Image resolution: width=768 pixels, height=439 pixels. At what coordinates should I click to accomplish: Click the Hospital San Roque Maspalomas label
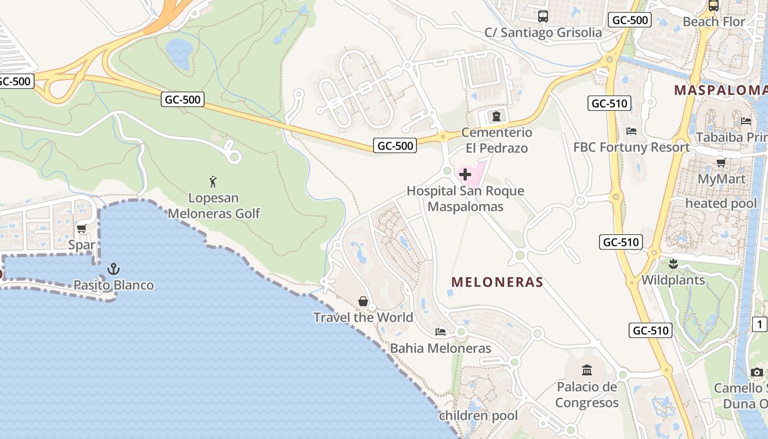tap(465, 199)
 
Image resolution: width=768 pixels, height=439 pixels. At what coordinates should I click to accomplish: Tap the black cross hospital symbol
tap(465, 175)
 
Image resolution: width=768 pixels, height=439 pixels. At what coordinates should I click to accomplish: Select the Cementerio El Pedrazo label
tap(496, 140)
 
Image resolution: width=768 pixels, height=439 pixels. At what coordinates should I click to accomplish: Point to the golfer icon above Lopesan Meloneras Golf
tap(213, 182)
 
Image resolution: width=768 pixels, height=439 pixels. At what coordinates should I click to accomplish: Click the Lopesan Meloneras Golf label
tap(213, 206)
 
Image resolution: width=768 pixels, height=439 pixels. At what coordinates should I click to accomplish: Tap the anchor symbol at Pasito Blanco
tap(114, 269)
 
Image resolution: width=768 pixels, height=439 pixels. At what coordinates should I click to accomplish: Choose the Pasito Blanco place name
tap(114, 285)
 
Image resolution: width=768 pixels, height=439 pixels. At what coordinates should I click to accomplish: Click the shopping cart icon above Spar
tap(82, 228)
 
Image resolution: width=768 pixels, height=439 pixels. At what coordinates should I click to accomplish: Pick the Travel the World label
tap(363, 317)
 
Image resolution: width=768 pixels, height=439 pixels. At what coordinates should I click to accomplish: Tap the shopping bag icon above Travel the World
tap(363, 301)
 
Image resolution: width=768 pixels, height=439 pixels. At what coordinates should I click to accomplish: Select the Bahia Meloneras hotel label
tap(441, 348)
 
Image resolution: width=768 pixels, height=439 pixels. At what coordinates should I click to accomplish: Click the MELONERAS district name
tap(497, 282)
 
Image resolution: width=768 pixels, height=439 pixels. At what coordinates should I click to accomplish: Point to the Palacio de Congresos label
tap(587, 395)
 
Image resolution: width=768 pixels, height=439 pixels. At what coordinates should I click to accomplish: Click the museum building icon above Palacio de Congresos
tap(587, 370)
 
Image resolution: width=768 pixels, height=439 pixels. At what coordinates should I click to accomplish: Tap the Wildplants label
tap(673, 280)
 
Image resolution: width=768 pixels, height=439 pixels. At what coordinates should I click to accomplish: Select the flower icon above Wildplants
tap(674, 264)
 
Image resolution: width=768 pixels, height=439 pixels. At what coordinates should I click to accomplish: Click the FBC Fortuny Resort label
tap(631, 147)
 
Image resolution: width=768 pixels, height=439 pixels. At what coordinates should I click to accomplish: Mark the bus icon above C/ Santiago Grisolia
tap(543, 16)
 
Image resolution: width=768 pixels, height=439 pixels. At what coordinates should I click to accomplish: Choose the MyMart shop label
tap(721, 179)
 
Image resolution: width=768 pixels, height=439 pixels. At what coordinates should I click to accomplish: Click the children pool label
tap(478, 415)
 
